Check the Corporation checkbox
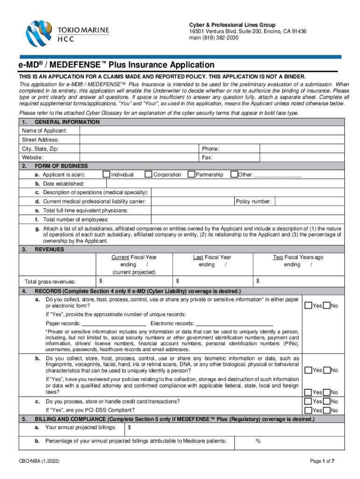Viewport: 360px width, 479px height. pos(149,174)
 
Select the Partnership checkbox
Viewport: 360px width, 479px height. pos(191,174)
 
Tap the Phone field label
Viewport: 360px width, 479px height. pos(210,149)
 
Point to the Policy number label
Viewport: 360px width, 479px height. pos(253,201)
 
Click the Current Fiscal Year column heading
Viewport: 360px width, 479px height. pos(134,257)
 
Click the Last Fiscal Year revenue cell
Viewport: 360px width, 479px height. pos(213,281)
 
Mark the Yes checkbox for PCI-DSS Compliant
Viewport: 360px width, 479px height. pos(309,410)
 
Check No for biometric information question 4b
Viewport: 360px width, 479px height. pos(327,370)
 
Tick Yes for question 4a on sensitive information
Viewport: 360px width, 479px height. pos(309,305)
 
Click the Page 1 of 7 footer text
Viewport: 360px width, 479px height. pos(322,461)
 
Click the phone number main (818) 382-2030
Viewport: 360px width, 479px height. pos(214,38)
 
